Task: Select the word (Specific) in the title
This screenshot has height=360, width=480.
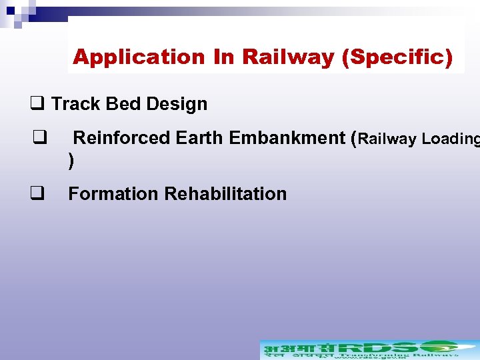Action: pos(396,57)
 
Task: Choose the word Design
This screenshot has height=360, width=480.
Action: pos(177,104)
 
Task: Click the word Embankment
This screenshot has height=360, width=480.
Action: pos(286,138)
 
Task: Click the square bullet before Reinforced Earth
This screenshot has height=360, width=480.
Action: pos(37,137)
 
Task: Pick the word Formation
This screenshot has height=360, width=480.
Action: pos(113,194)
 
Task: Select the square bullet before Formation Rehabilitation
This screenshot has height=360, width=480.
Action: pos(37,193)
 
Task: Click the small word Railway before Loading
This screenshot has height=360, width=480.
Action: pos(388,139)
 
